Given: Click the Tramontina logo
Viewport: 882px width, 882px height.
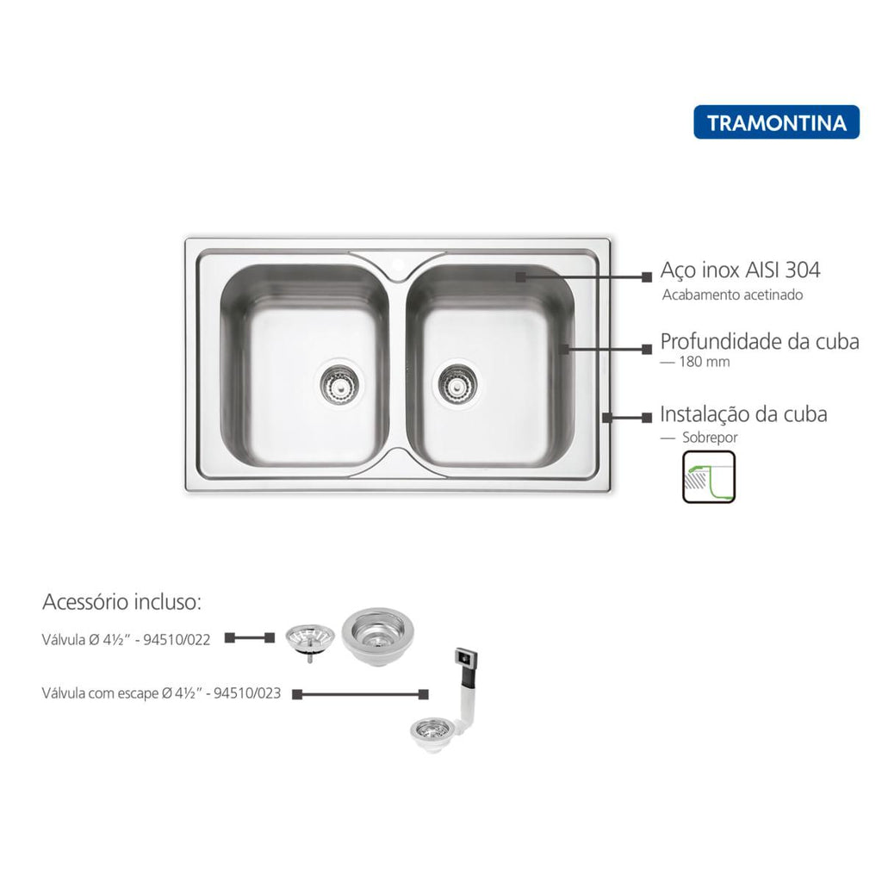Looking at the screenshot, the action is pyautogui.click(x=776, y=122).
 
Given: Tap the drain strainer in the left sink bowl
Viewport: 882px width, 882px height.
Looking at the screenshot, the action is pyautogui.click(x=338, y=385).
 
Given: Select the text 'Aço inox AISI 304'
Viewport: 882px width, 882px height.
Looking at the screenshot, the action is pyautogui.click(x=740, y=270).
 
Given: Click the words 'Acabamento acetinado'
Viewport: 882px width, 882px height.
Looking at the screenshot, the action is pyautogui.click(x=732, y=295).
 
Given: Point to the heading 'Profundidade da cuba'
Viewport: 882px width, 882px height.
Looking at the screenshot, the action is pyautogui.click(x=760, y=341).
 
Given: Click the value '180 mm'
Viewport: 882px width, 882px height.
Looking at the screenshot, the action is pyautogui.click(x=705, y=362).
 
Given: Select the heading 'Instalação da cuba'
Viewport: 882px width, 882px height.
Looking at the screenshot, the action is pyautogui.click(x=743, y=414).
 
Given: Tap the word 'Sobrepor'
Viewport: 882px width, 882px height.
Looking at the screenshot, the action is pyautogui.click(x=710, y=437).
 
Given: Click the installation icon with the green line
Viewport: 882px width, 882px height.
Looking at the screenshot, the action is pyautogui.click(x=709, y=476).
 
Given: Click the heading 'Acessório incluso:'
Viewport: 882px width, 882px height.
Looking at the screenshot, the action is pyautogui.click(x=121, y=602).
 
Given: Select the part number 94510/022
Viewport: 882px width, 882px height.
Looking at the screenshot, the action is pyautogui.click(x=177, y=640).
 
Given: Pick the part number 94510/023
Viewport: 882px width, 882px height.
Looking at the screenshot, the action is pyautogui.click(x=247, y=693).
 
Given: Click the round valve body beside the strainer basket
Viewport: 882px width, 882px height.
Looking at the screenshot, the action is pyautogui.click(x=377, y=637).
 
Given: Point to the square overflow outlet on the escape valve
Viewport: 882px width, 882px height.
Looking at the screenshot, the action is pyautogui.click(x=466, y=656).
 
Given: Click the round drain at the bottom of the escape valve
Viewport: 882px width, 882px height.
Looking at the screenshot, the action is pyautogui.click(x=432, y=732).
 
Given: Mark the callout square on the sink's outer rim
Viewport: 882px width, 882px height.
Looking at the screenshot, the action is pyautogui.click(x=607, y=418).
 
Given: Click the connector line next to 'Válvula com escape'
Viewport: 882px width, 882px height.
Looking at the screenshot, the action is pyautogui.click(x=361, y=695).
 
